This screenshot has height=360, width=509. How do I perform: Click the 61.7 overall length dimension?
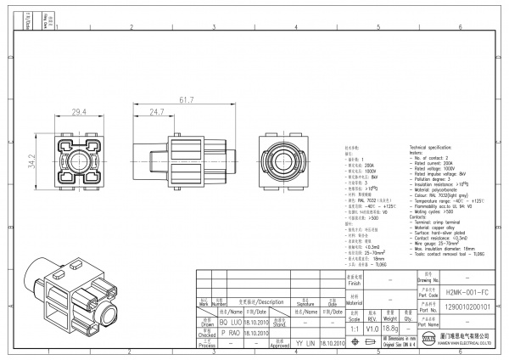tap(184, 100)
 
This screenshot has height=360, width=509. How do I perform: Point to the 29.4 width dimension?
tap(78, 112)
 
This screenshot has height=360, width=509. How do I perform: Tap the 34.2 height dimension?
tap(32, 159)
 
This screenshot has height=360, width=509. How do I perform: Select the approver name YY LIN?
tap(305, 343)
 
